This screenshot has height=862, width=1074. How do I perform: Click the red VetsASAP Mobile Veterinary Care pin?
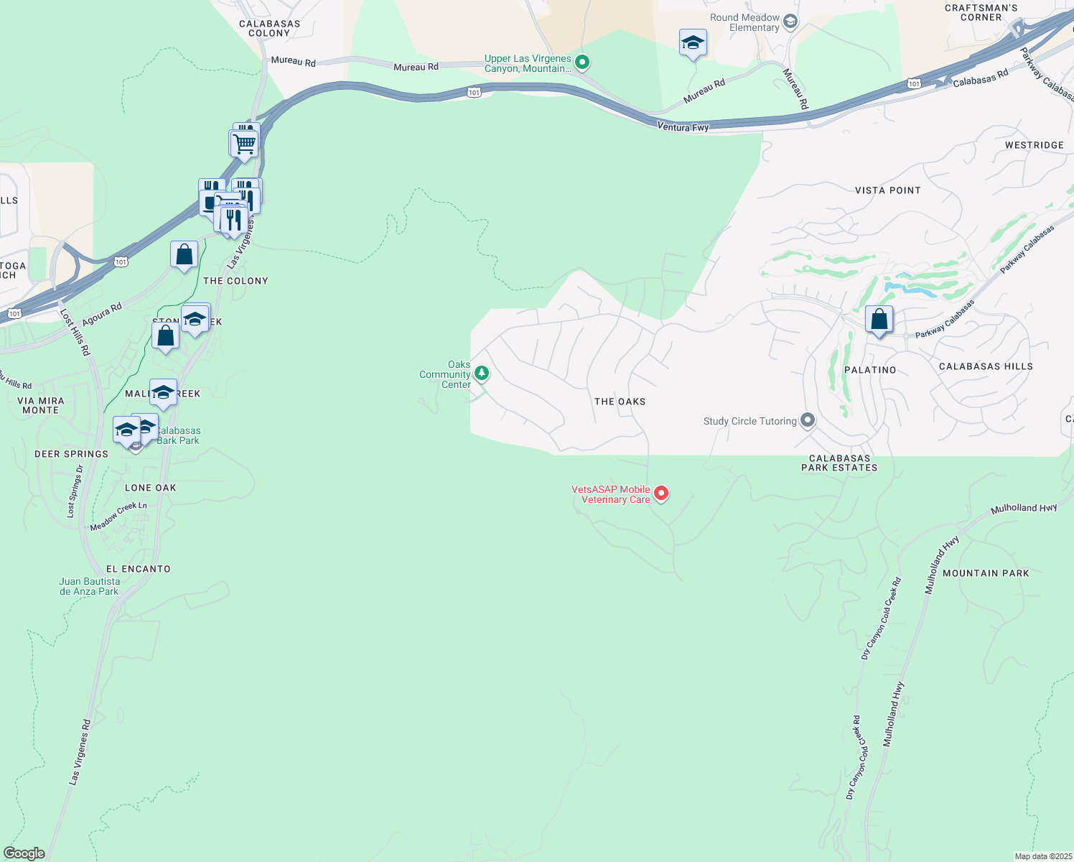tap(661, 493)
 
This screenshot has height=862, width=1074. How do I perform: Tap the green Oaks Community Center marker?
tap(482, 373)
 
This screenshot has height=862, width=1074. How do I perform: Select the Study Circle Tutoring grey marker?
tap(808, 420)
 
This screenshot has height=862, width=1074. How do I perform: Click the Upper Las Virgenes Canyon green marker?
tap(583, 63)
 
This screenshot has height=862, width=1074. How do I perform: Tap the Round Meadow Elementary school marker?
tap(790, 22)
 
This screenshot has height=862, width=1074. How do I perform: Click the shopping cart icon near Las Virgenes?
tap(245, 143)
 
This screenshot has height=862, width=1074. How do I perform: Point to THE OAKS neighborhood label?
tap(620, 402)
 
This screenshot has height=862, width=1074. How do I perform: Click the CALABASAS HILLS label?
tap(986, 366)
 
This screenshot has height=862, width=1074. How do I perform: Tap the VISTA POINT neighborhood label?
tap(887, 190)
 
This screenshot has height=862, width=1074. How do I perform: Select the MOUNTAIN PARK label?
tap(986, 573)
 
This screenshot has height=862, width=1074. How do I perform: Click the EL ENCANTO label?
tap(139, 569)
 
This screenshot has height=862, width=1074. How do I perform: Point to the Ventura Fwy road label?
tap(683, 127)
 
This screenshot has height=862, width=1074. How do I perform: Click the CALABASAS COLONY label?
tap(269, 29)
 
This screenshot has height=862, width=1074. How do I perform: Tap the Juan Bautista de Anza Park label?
tap(89, 587)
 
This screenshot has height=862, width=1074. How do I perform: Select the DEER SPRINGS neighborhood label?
tap(71, 454)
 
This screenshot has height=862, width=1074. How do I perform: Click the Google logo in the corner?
tap(24, 853)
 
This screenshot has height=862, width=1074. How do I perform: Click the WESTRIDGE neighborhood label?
tap(1034, 145)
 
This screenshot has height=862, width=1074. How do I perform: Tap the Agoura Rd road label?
tap(102, 315)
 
